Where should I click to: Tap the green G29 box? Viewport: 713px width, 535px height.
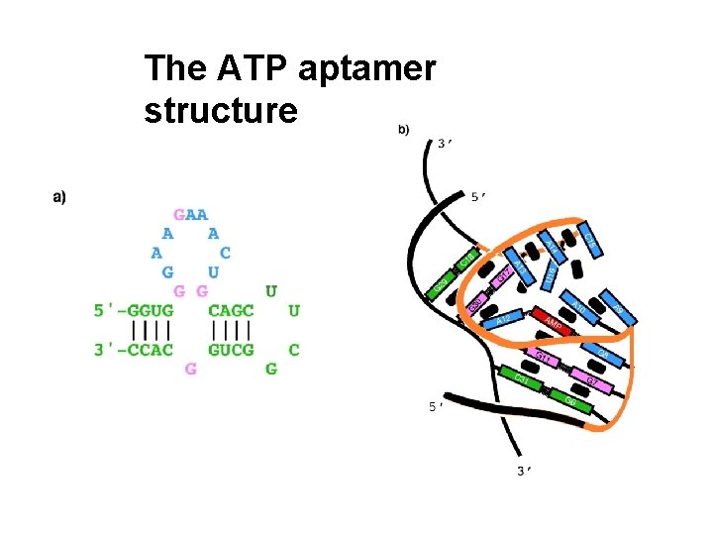[443, 286]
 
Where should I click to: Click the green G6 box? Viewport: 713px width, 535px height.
[570, 401]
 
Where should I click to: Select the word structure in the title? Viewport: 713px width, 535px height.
[220, 110]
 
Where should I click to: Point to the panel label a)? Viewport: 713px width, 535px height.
[59, 197]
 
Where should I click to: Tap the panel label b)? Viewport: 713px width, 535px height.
[403, 129]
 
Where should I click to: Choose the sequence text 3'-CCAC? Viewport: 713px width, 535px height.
[134, 349]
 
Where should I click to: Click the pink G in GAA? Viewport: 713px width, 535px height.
[179, 213]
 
